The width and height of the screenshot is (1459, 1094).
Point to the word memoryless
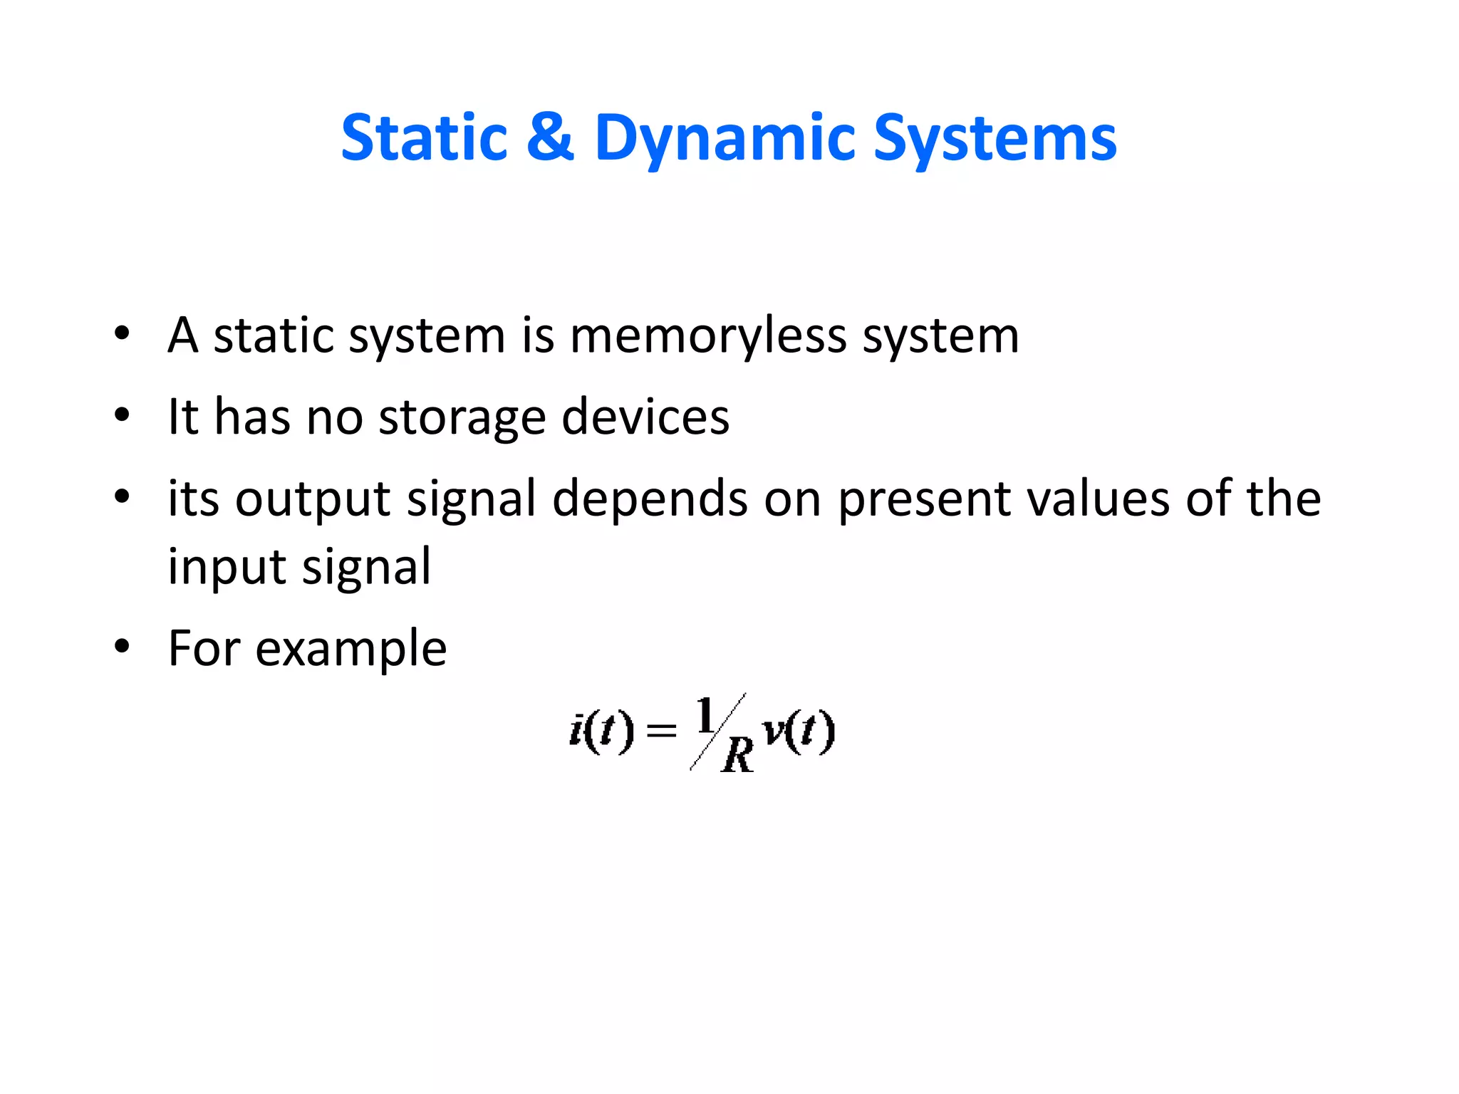tap(708, 335)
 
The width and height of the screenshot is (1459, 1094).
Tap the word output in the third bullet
tap(313, 499)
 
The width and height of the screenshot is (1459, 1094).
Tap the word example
tap(351, 650)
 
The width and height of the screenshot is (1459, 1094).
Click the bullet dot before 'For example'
tap(123, 647)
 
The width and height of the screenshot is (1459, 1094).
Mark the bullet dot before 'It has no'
tap(123, 415)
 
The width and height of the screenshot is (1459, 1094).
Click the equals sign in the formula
tap(661, 731)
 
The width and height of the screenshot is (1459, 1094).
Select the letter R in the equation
tap(737, 755)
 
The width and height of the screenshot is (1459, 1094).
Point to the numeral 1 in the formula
tap(706, 715)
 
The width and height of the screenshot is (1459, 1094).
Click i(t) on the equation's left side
tap(601, 731)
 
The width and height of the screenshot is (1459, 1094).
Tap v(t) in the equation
tap(798, 731)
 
